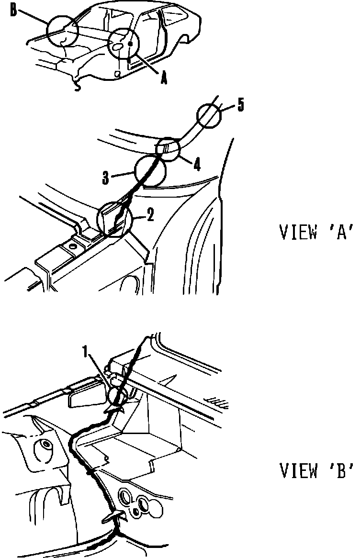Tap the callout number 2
(x=150, y=216)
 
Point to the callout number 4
(x=197, y=165)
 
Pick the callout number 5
(x=240, y=105)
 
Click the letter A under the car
(x=163, y=79)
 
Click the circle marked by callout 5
(x=210, y=116)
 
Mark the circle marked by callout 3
(x=150, y=171)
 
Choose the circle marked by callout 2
(x=114, y=220)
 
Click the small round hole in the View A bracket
(x=72, y=247)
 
